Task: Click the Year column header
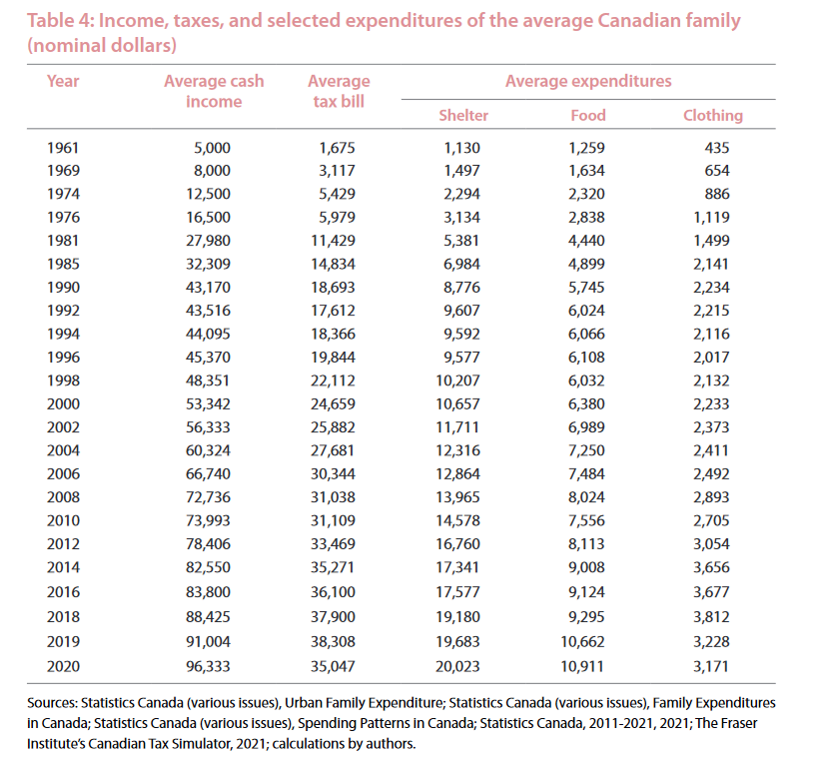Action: (x=62, y=81)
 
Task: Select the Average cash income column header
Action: (x=203, y=91)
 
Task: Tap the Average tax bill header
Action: (x=339, y=91)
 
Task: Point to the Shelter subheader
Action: (x=463, y=115)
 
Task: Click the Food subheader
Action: (x=587, y=115)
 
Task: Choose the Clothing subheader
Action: (x=712, y=115)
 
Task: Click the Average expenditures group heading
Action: (x=588, y=81)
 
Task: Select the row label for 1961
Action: (x=63, y=148)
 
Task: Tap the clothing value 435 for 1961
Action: (x=716, y=148)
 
